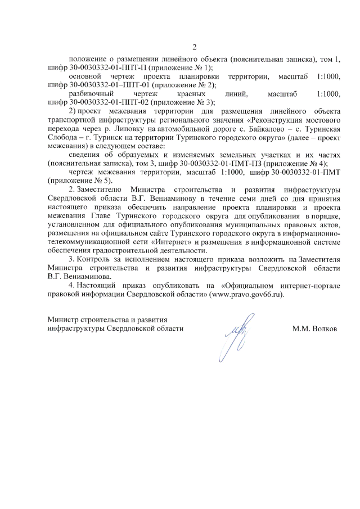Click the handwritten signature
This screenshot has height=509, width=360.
point(232,338)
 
